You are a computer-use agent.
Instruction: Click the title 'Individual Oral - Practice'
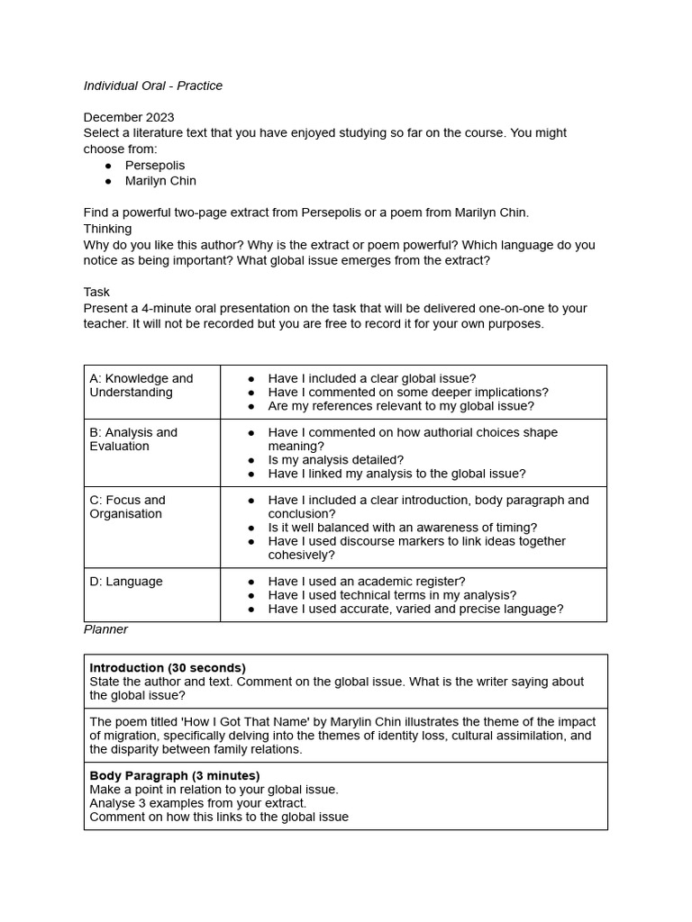pos(153,86)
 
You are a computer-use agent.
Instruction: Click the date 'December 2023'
pos(129,117)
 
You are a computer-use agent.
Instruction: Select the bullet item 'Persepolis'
pos(155,165)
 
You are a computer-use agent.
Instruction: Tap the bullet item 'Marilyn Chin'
pos(160,180)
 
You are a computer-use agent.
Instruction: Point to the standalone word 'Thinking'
pos(107,229)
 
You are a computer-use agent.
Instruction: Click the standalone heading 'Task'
pos(96,292)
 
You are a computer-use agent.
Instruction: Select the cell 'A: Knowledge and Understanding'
pos(141,385)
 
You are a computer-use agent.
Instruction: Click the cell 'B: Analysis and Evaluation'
pos(133,439)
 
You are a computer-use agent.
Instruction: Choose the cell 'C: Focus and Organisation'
pos(128,507)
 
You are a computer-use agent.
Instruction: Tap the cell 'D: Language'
pos(126,582)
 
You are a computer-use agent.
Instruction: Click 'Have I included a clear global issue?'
pos(372,378)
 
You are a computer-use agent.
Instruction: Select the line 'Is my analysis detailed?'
pos(336,460)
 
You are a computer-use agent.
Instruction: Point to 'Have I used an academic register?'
pos(367,582)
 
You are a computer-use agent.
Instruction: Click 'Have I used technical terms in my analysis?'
pos(392,595)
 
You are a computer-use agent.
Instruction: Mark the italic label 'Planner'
pos(105,629)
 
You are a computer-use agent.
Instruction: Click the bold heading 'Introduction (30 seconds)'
pos(168,668)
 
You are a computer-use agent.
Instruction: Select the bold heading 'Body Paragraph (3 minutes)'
pos(175,775)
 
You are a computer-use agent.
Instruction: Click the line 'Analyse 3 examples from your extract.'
pos(197,803)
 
